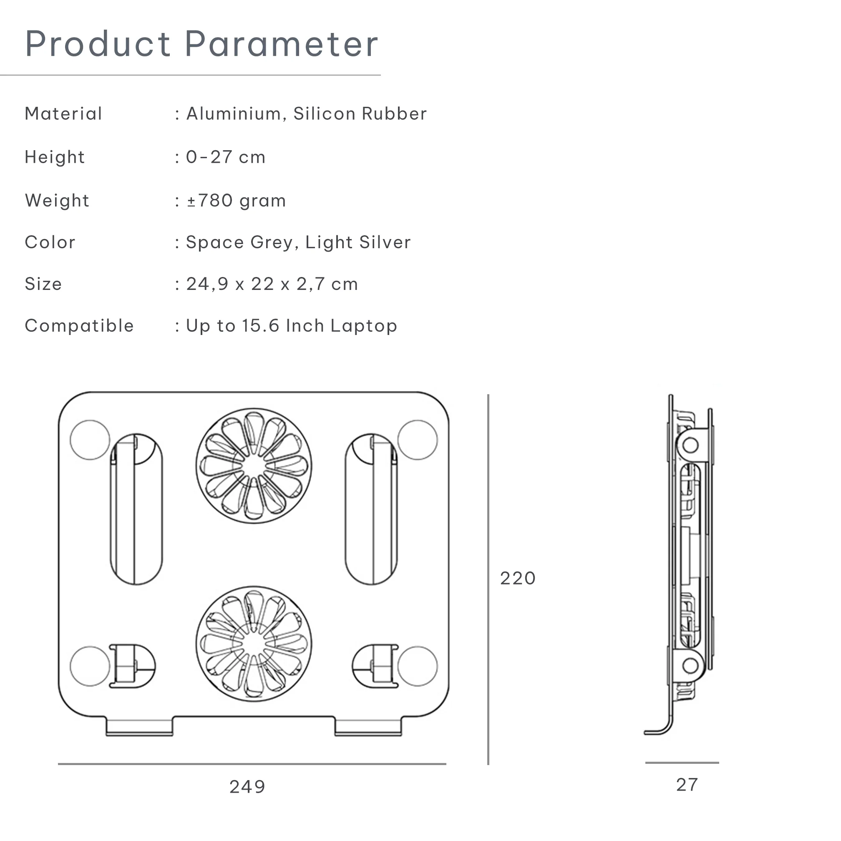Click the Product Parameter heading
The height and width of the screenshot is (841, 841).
coord(201,44)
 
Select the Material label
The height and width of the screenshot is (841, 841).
coord(63,114)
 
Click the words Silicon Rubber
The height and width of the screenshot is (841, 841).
coord(360,114)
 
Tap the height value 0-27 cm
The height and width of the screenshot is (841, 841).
coord(226,158)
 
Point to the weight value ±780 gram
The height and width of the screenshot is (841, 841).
coord(237,201)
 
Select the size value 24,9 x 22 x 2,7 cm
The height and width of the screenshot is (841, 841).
coord(272,284)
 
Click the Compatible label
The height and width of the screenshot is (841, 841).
coord(79,326)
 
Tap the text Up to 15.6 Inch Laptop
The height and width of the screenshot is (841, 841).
coord(291,326)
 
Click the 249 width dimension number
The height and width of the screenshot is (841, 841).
coord(247,787)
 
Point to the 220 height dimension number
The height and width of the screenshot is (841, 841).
coord(518,579)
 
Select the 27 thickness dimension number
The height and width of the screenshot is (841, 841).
coord(687,785)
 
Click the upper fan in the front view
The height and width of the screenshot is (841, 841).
coord(254,466)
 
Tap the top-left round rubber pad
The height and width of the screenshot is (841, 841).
coord(90,440)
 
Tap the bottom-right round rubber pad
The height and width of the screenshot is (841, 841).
coord(418,667)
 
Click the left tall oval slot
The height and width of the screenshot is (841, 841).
coord(136,509)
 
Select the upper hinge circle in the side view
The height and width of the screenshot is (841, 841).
coord(690,445)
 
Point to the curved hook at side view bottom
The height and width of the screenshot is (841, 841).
coord(662,731)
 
